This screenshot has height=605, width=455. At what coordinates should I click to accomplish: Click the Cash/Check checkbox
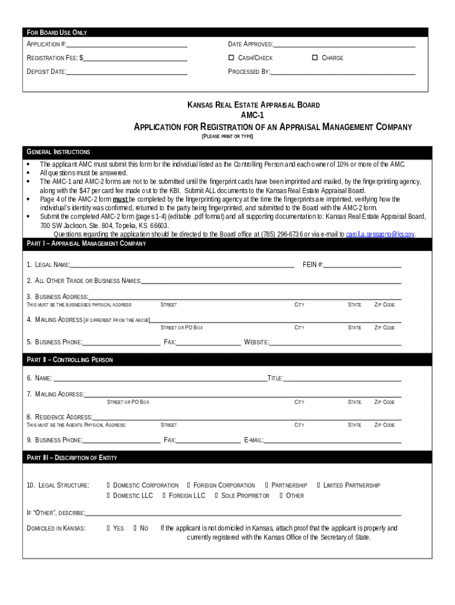pos(232,58)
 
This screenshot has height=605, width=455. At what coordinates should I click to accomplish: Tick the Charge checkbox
pos(315,58)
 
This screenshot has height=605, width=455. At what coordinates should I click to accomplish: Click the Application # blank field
pos(126,44)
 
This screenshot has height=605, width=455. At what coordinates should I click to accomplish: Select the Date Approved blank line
pos(344,44)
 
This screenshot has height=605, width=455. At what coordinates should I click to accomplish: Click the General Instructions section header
pos(58,152)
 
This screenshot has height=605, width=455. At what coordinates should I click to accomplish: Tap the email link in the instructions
pos(380,235)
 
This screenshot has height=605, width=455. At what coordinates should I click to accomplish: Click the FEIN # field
pos(362,265)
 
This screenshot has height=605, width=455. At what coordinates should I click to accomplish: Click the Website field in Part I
pos(335,342)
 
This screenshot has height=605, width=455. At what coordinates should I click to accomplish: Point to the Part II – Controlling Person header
pos(70,360)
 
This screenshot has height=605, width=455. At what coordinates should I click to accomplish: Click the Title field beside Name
pos(342,378)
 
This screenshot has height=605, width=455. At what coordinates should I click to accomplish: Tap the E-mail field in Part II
pos(333,440)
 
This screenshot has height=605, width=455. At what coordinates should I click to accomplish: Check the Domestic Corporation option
pos(109,485)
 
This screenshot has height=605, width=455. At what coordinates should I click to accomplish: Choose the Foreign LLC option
pos(165,496)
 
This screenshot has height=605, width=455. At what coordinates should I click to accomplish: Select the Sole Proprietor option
pos(217,496)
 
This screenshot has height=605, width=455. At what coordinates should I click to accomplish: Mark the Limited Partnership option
pos(319,485)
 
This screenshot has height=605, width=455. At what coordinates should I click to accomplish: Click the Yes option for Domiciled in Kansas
pos(109,528)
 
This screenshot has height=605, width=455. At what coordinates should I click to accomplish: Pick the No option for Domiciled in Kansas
pos(135,528)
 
